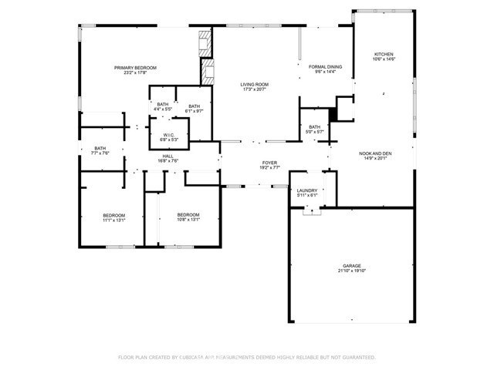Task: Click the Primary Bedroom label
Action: coord(135,68)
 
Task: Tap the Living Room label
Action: coord(253,85)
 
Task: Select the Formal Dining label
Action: coord(325,67)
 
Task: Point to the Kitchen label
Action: coord(384,55)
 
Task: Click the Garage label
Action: coord(351,266)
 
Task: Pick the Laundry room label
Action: coord(307,190)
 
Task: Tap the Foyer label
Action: coord(269,163)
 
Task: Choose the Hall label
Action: coord(168,156)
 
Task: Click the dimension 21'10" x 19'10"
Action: coord(351,271)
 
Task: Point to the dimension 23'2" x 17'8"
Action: coord(135,74)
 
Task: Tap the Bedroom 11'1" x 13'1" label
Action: coord(113,215)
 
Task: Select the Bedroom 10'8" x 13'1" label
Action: coord(188,215)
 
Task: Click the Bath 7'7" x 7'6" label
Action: coord(100,148)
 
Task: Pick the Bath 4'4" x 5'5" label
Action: coord(163,104)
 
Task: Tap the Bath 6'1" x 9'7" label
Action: coord(194,106)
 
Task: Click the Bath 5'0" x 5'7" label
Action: coord(314,126)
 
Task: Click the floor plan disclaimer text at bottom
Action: coord(246,357)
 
